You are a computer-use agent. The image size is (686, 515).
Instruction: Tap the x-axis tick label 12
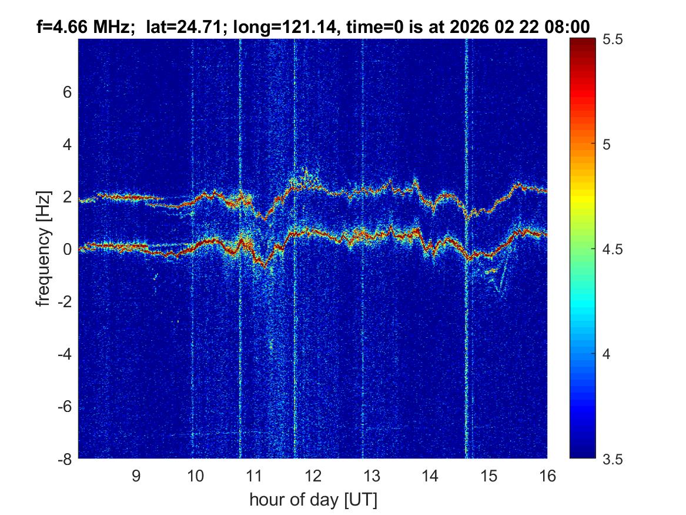312,476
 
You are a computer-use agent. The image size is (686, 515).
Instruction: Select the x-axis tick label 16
547,476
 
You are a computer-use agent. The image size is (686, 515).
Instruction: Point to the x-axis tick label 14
430,476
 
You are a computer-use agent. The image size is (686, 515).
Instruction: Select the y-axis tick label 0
69,250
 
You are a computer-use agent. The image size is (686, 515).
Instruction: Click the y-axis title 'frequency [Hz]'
43,248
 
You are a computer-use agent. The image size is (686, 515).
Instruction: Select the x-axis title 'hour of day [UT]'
313,500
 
